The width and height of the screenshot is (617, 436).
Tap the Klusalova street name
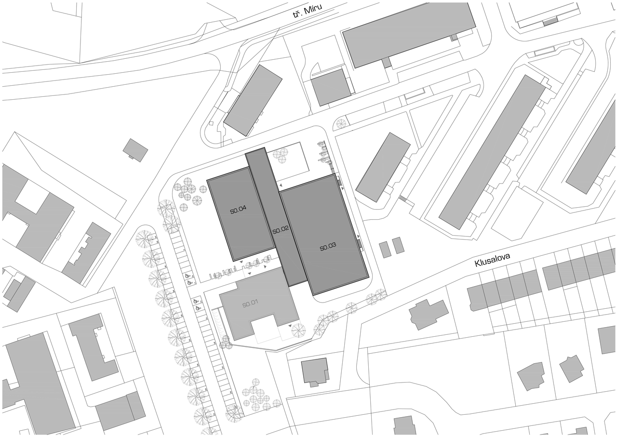(492, 259)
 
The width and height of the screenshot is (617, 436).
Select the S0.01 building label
(250, 304)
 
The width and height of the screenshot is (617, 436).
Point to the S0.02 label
(281, 231)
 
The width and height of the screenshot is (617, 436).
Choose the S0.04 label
(238, 211)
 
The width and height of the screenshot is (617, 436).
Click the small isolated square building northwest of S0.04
(135, 150)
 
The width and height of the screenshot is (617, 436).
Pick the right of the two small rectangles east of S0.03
(398, 246)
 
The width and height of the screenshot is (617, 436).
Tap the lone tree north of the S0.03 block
(341, 124)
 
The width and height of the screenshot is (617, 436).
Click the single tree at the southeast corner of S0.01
(298, 330)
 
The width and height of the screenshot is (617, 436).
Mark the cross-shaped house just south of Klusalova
(428, 314)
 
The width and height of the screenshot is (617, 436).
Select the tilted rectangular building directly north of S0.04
(253, 101)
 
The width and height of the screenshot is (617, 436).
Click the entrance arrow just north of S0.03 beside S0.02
(281, 186)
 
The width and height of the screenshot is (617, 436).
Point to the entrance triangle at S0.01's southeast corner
(290, 326)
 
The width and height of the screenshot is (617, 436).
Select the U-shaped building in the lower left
(93, 347)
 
